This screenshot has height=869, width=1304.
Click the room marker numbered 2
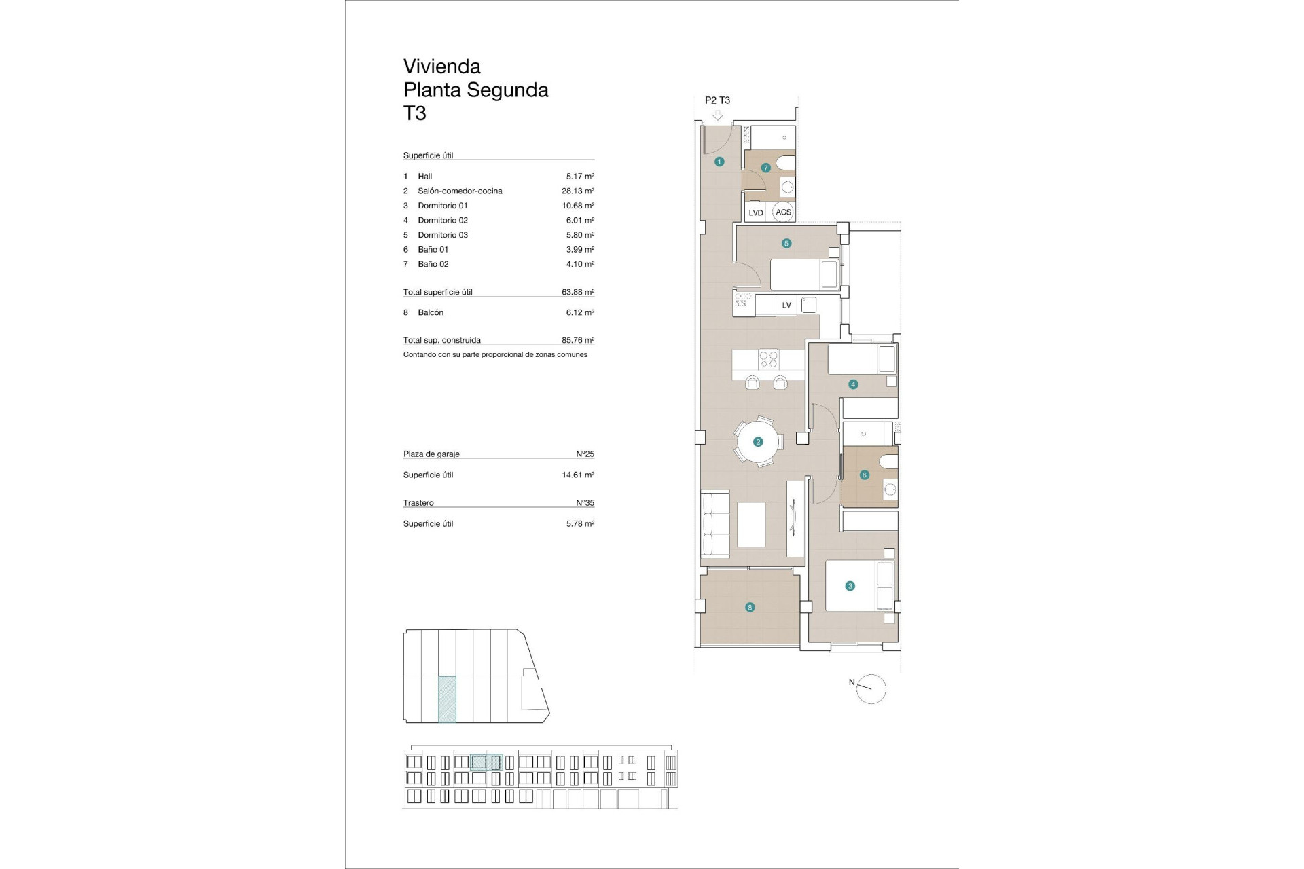758,442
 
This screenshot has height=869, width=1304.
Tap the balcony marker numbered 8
750,608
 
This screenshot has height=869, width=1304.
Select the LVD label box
755,212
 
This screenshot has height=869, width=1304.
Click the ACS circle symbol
784,212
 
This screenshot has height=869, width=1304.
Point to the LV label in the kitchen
786,306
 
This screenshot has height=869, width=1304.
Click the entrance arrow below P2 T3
717,116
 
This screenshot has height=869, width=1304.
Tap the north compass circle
871,689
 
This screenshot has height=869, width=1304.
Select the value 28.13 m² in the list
577,191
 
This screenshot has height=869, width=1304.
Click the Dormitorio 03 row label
442,235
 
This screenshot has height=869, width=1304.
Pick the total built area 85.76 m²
577,341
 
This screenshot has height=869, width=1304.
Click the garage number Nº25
585,454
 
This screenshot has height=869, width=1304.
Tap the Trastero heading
418,503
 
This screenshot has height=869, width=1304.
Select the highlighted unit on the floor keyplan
447,699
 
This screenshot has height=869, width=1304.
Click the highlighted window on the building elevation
486,762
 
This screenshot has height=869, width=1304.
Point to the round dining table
758,442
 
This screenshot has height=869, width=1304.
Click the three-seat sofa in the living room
715,524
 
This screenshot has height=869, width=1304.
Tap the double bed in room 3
859,585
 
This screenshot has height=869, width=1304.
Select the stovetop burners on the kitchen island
768,358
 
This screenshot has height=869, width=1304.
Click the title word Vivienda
442,67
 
